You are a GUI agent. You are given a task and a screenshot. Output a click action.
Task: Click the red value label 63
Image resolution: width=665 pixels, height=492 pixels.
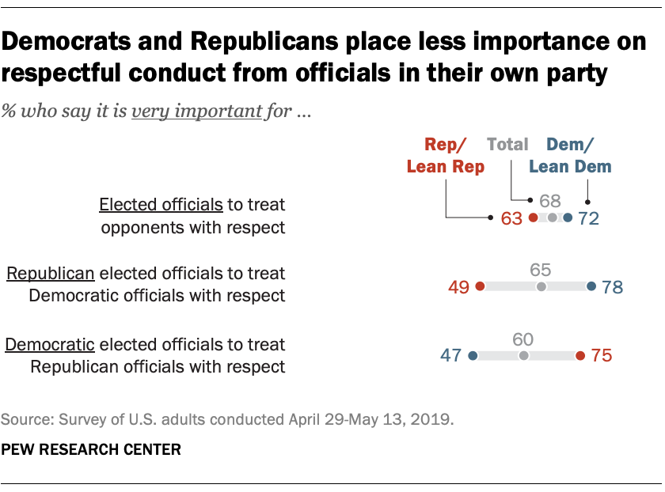click(x=511, y=218)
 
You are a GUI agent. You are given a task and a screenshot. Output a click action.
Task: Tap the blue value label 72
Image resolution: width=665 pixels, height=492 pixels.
click(x=588, y=218)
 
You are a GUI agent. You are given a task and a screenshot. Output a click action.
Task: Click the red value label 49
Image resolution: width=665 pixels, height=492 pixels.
click(x=459, y=287)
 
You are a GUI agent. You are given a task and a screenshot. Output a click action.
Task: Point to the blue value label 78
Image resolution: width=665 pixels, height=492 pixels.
click(x=612, y=287)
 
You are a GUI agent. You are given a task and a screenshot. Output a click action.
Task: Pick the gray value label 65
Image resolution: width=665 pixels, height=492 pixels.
click(x=541, y=270)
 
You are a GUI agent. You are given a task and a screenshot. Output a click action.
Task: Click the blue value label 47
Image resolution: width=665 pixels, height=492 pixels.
click(x=451, y=356)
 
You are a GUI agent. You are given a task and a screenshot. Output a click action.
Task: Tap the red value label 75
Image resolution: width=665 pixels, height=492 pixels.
click(x=602, y=356)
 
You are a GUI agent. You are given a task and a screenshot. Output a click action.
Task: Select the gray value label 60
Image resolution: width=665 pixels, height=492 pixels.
click(x=522, y=339)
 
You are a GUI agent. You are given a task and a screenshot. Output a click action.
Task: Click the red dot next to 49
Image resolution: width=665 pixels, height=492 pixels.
click(x=481, y=287)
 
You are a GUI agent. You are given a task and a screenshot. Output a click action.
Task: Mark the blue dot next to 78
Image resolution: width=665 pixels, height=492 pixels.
click(x=591, y=287)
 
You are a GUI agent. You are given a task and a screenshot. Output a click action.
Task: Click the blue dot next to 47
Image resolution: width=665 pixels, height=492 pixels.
click(x=473, y=356)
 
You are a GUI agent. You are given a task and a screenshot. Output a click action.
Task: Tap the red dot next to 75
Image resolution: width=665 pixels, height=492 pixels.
click(x=580, y=356)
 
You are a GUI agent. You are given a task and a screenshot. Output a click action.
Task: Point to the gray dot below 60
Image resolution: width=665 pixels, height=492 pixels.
click(x=522, y=356)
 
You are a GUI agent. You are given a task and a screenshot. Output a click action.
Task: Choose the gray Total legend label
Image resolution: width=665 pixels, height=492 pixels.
click(x=507, y=145)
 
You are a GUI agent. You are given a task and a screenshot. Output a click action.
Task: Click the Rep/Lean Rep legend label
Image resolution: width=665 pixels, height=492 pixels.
click(x=445, y=155)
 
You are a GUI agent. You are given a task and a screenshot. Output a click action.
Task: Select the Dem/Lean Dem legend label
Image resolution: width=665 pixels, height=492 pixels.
click(x=570, y=155)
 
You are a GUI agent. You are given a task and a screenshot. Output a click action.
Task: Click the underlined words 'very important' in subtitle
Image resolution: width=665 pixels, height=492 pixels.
click(x=196, y=112)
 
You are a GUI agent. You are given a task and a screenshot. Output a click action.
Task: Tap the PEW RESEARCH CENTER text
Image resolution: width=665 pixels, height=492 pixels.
click(x=91, y=449)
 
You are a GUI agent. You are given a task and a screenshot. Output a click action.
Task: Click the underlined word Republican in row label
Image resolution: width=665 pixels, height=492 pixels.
click(x=51, y=274)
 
